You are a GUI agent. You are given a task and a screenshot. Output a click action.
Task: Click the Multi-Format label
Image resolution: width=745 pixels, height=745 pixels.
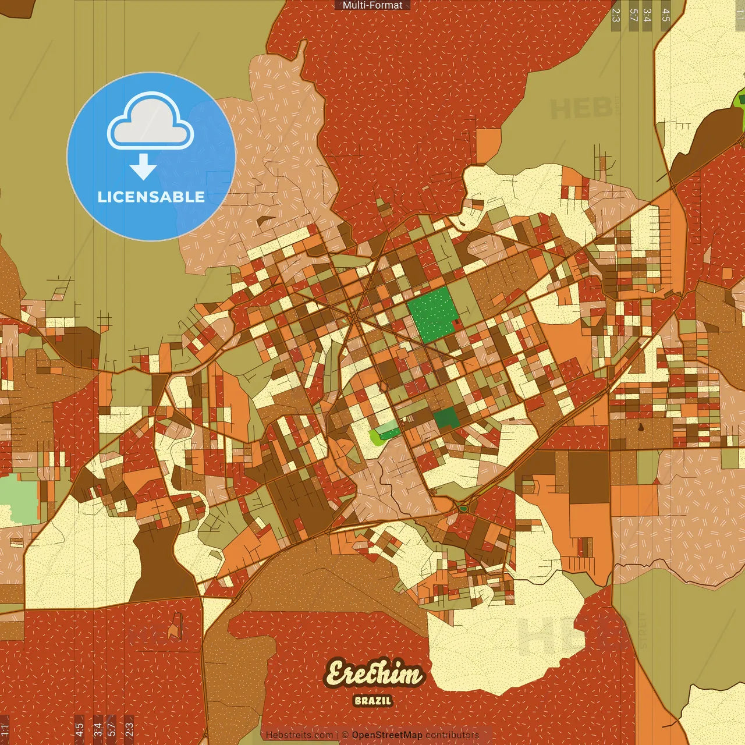click(x=372, y=5)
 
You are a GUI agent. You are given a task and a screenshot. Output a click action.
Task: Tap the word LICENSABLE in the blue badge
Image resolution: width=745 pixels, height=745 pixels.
click(x=151, y=197)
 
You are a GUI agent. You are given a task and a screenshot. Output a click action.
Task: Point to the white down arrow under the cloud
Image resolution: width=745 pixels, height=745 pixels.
click(x=143, y=168)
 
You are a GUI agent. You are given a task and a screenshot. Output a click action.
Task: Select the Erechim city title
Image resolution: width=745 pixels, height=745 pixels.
click(x=374, y=674)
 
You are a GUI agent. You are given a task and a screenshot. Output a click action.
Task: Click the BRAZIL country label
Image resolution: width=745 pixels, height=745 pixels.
click(x=373, y=701)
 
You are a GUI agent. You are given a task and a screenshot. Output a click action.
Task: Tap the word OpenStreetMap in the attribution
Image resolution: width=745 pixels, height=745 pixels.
click(x=387, y=735)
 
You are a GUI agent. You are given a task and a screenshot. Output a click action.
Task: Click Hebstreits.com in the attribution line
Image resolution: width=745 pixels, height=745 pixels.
click(x=299, y=735)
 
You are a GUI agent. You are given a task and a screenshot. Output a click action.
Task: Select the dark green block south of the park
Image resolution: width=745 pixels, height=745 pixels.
click(x=446, y=418)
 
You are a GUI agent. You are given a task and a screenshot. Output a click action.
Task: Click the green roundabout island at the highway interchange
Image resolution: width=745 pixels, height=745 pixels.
click(x=463, y=508)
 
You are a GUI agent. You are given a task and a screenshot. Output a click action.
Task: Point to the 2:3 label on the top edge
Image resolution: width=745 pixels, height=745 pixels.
click(x=616, y=15)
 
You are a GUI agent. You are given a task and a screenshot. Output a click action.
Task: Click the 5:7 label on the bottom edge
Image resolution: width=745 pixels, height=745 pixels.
click(x=111, y=729)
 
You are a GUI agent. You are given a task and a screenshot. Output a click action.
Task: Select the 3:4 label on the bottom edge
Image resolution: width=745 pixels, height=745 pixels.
click(x=97, y=729)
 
